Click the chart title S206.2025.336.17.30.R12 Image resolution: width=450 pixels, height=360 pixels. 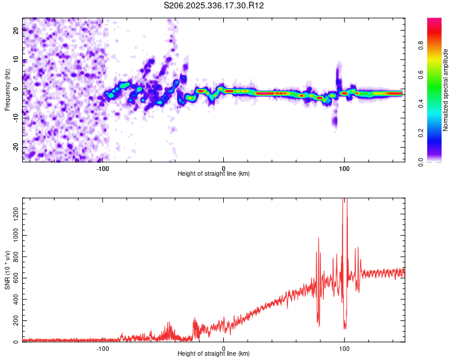[214, 5]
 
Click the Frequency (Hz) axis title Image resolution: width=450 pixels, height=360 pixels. [7, 90]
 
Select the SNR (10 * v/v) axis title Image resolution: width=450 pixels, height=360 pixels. [7, 270]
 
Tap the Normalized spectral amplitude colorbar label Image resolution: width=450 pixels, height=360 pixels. [446, 90]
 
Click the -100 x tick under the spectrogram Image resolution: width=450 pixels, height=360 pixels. [103, 168]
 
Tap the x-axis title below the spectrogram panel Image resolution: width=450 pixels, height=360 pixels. [214, 174]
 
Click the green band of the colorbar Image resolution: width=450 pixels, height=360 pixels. [434, 90]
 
